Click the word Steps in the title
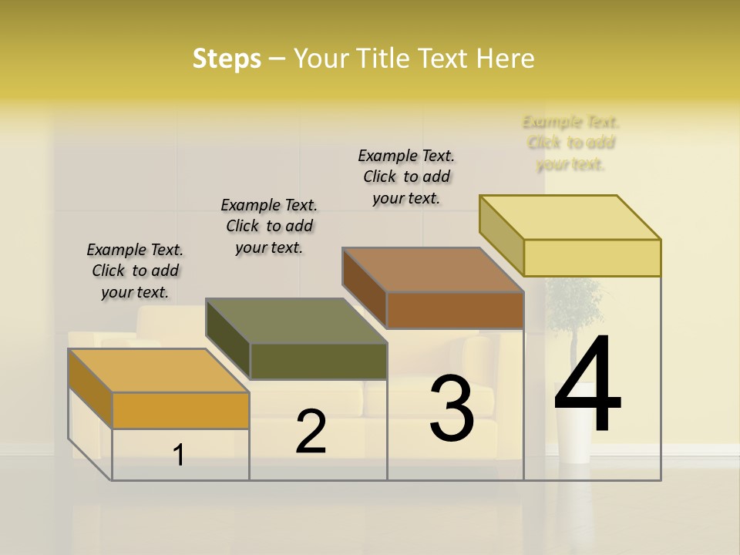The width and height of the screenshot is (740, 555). click(x=227, y=59)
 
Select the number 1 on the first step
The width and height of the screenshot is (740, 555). click(x=179, y=456)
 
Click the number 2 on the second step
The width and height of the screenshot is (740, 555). click(x=311, y=432)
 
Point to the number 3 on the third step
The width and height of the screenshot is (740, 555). click(x=452, y=409)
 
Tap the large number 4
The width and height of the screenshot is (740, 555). click(x=587, y=385)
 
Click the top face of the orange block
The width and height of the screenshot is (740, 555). click(x=158, y=371)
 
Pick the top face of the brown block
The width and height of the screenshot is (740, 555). click(x=432, y=270)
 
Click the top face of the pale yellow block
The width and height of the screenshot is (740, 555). click(x=570, y=217)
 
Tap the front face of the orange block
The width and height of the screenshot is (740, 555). click(x=180, y=410)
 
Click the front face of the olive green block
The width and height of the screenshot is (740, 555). click(x=318, y=361)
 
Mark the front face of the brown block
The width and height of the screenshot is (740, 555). click(x=455, y=310)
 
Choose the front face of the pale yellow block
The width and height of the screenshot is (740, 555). click(x=592, y=257)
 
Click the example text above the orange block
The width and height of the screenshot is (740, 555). click(x=135, y=271)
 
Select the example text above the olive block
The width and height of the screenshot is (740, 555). click(x=269, y=226)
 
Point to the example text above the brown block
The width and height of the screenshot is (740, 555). click(x=406, y=177)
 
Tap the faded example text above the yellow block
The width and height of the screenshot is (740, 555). click(x=571, y=143)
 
